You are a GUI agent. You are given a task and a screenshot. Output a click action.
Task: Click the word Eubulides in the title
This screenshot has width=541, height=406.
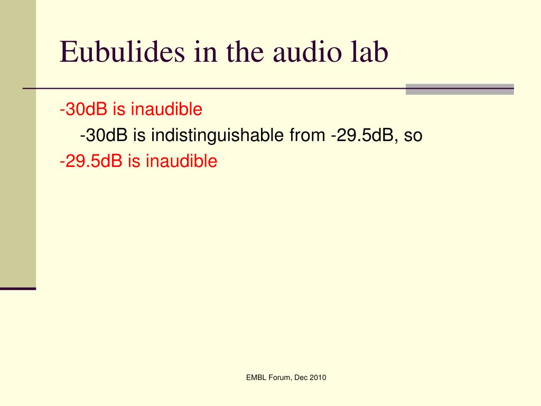[123, 52]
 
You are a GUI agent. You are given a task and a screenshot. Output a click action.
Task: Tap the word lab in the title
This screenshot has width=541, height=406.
[369, 52]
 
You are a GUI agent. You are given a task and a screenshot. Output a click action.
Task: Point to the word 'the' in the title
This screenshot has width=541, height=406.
[245, 52]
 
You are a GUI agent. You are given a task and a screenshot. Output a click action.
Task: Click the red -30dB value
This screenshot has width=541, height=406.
[83, 109]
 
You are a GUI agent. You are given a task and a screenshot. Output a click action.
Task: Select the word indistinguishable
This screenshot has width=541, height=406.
[217, 135]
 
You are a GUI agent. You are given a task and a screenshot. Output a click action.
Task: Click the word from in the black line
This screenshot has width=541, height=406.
[307, 135]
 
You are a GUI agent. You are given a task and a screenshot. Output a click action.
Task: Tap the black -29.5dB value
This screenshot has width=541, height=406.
[362, 135]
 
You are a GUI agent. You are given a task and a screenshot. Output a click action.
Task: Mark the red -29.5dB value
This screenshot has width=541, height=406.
[91, 161]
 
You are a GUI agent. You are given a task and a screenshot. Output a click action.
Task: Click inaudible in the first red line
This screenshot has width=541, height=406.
[166, 109]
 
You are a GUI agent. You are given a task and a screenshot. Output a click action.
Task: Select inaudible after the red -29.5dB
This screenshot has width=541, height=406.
[182, 161]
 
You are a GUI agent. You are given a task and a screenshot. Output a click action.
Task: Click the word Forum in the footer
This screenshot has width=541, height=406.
[279, 377]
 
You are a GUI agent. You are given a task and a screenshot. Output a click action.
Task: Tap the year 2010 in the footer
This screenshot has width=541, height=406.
[318, 377]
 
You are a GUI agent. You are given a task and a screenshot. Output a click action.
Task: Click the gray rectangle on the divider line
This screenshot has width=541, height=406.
[460, 89]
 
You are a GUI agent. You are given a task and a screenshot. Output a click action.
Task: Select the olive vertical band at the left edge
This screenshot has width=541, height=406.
[18, 144]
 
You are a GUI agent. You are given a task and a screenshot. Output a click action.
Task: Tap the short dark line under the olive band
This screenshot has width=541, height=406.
[18, 289]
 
